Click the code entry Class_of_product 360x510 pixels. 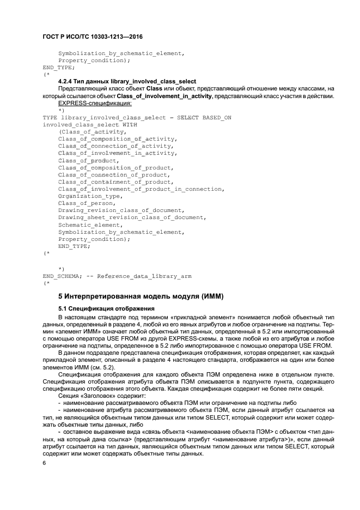(88, 160)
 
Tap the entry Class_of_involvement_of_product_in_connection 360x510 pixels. (140, 189)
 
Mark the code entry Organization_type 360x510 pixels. (89, 196)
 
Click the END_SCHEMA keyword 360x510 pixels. (60, 276)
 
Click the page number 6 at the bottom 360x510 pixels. (44, 463)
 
